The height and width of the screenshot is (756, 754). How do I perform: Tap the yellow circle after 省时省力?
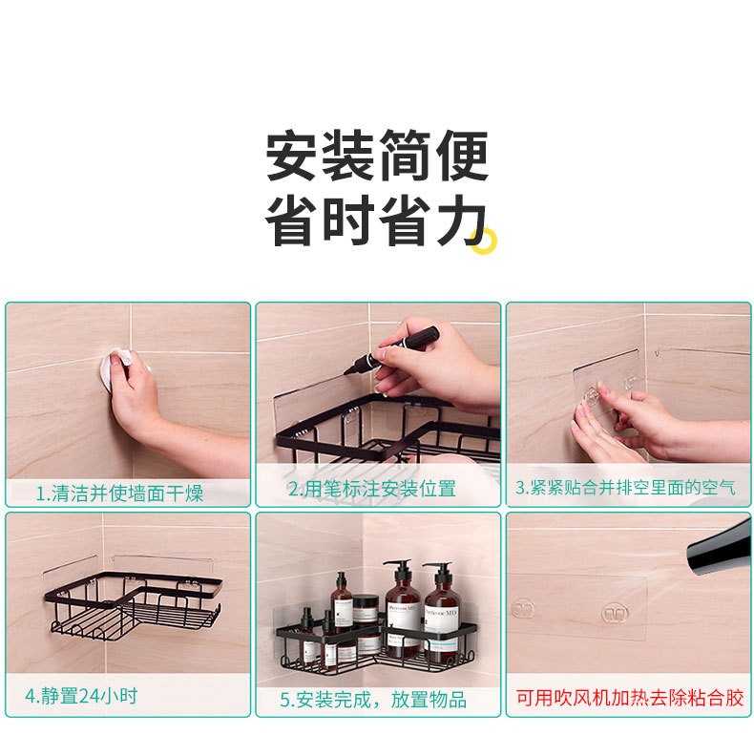coord(486,242)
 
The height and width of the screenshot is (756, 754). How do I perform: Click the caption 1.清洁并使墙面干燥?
coord(119,493)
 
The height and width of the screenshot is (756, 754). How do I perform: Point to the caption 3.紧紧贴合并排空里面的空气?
coord(626,488)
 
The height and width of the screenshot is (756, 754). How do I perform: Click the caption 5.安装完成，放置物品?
coord(373,700)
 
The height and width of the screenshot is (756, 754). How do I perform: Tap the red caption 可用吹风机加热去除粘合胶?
coord(629,698)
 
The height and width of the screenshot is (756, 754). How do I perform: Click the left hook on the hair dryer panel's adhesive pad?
coord(523,609)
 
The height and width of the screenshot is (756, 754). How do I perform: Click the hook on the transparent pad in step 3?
coord(592,393)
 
